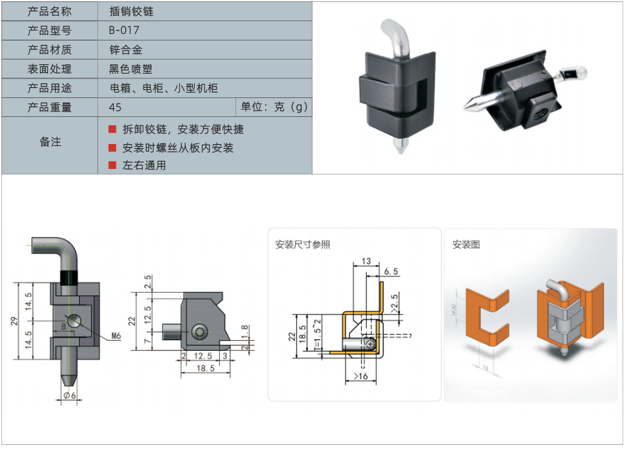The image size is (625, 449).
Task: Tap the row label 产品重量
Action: pyautogui.click(x=49, y=108)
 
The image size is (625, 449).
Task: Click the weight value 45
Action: pyautogui.click(x=115, y=108)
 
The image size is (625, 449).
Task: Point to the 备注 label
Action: pyautogui.click(x=50, y=142)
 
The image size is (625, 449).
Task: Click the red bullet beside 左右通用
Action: pyautogui.click(x=112, y=165)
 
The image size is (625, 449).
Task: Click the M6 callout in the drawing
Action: pyautogui.click(x=114, y=335)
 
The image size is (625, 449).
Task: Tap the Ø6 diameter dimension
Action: pyautogui.click(x=70, y=396)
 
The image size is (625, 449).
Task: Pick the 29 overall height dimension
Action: pyautogui.click(x=15, y=321)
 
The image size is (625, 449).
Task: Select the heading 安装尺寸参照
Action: pyautogui.click(x=302, y=245)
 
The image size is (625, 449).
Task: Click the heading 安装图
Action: pyautogui.click(x=466, y=245)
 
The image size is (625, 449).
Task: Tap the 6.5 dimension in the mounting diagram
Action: pyautogui.click(x=391, y=271)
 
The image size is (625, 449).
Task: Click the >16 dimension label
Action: pyautogui.click(x=360, y=376)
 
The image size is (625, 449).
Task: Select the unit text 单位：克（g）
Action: pyautogui.click(x=274, y=108)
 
